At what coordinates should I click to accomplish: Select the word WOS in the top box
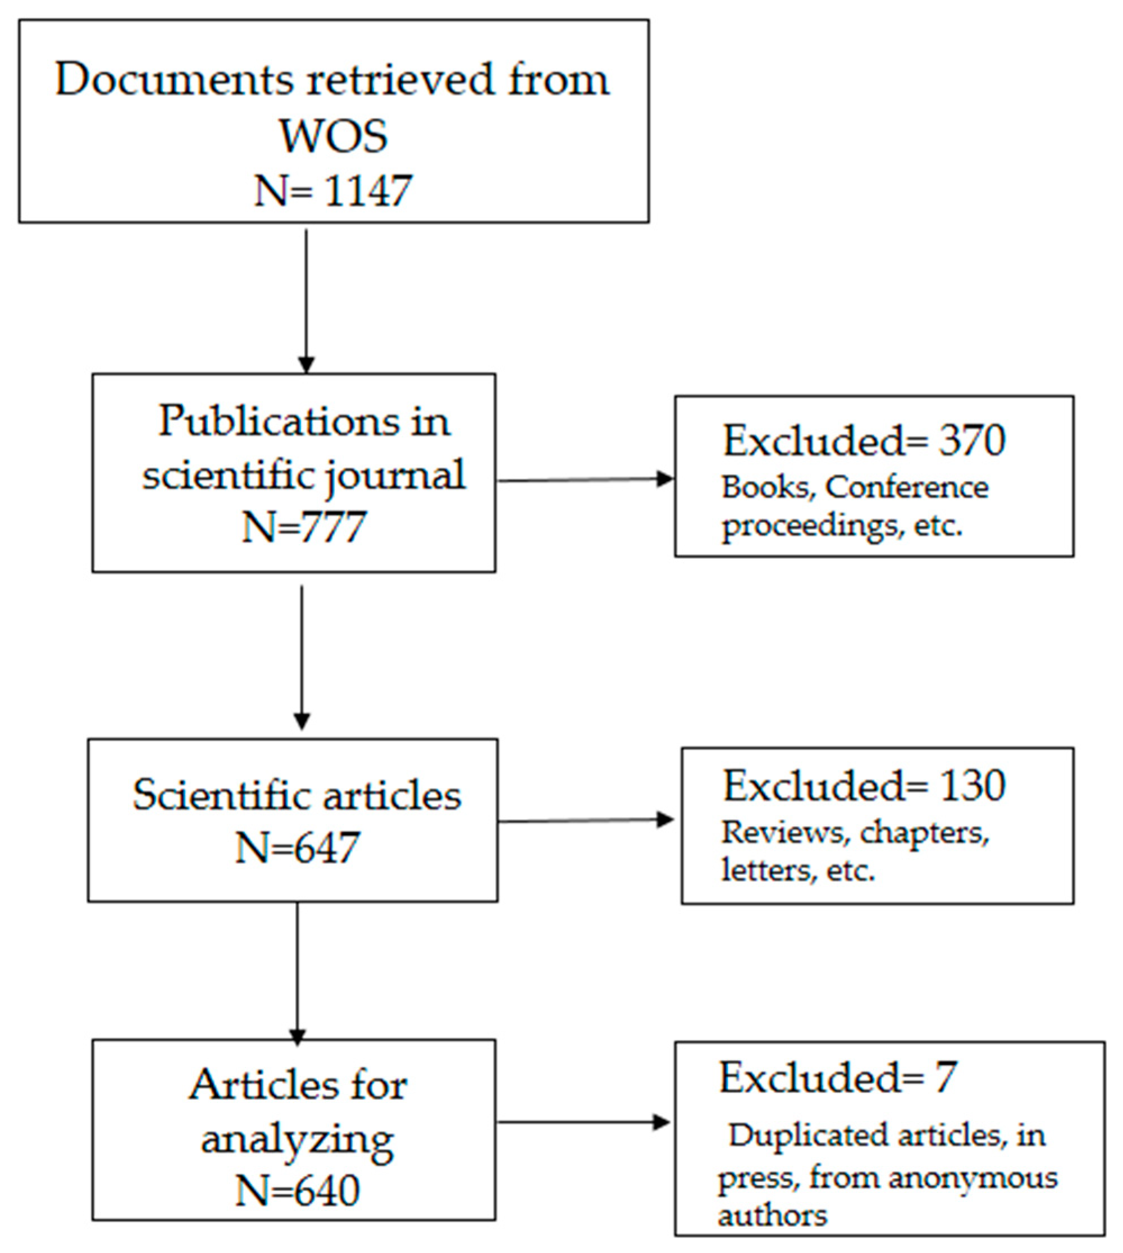click(x=333, y=136)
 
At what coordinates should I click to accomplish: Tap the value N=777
click(x=304, y=527)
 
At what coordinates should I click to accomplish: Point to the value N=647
click(x=298, y=848)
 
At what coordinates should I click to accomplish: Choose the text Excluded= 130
click(x=864, y=786)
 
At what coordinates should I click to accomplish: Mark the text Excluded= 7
click(x=837, y=1078)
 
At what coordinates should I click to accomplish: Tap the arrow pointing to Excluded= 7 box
click(x=583, y=1122)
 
